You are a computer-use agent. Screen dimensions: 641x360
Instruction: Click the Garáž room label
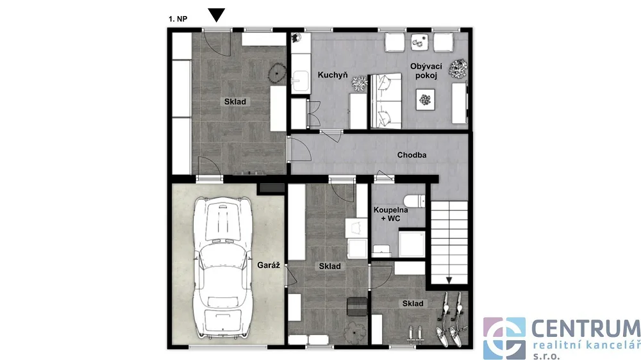click(269, 265)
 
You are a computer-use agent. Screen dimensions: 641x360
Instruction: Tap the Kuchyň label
click(333, 75)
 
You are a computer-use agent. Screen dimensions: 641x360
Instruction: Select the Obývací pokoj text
click(426, 70)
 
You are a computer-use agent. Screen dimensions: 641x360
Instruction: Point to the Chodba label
click(412, 155)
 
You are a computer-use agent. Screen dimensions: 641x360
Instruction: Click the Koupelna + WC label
click(391, 214)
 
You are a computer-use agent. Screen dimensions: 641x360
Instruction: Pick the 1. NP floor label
click(178, 19)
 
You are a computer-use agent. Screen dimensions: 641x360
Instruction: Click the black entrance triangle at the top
click(217, 15)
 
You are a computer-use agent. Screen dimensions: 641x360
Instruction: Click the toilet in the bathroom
click(414, 201)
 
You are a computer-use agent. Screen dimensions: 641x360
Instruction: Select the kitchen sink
click(301, 81)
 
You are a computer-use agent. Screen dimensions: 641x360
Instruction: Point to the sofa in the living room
click(386, 101)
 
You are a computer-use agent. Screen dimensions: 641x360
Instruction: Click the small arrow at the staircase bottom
click(449, 281)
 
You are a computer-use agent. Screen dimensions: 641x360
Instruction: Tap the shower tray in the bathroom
click(412, 244)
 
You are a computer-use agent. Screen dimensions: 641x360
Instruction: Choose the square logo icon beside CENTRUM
click(504, 338)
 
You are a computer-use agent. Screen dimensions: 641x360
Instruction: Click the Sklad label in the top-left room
click(235, 102)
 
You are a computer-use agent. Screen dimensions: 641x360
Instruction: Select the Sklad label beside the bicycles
click(413, 303)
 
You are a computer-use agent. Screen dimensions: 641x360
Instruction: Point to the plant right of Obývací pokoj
click(458, 69)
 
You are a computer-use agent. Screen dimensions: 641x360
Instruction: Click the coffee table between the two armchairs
click(419, 42)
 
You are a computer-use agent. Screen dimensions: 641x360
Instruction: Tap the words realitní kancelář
click(587, 345)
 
